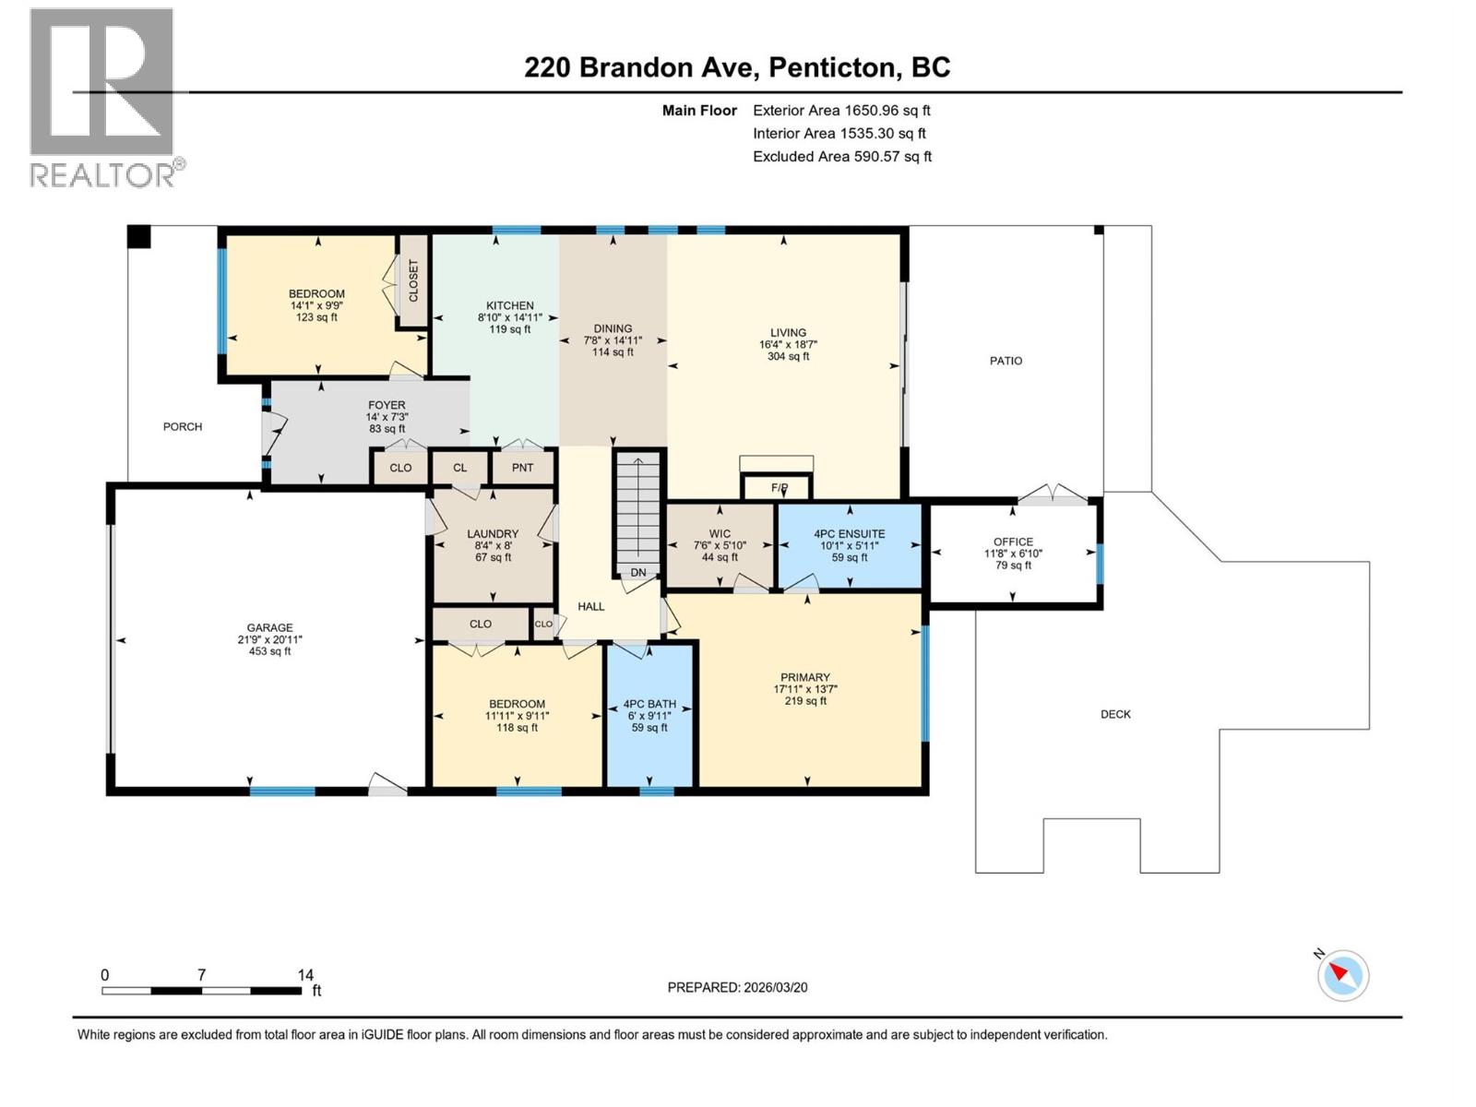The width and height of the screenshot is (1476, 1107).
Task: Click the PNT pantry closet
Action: pyautogui.click(x=522, y=468)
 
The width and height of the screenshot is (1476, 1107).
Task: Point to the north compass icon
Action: pyautogui.click(x=1342, y=975)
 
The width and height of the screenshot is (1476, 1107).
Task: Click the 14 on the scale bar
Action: pyautogui.click(x=305, y=974)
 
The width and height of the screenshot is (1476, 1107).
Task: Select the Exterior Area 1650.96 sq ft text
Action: pyautogui.click(x=841, y=111)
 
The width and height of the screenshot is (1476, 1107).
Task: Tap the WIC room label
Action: pyautogui.click(x=720, y=534)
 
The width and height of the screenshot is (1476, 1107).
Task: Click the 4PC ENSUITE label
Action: pyautogui.click(x=849, y=534)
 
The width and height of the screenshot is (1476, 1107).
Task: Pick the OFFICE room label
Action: pyautogui.click(x=1013, y=542)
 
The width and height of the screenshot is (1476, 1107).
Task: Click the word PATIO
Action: pyautogui.click(x=1006, y=361)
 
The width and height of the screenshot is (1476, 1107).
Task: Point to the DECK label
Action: pyautogui.click(x=1115, y=714)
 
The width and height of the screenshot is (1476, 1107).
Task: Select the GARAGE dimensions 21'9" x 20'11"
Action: pyautogui.click(x=269, y=639)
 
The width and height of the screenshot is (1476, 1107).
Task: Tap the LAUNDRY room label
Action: pyautogui.click(x=493, y=534)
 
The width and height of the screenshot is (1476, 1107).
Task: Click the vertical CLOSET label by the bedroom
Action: pyautogui.click(x=413, y=280)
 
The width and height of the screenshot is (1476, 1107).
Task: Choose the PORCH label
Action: pyautogui.click(x=183, y=426)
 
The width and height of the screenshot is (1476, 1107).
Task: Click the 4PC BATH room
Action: pyautogui.click(x=649, y=715)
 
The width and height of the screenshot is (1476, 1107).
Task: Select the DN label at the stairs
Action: pyautogui.click(x=638, y=573)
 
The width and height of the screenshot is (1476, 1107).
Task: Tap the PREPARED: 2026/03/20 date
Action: pyautogui.click(x=737, y=987)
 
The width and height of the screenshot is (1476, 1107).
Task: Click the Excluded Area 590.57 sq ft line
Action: pyautogui.click(x=841, y=157)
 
